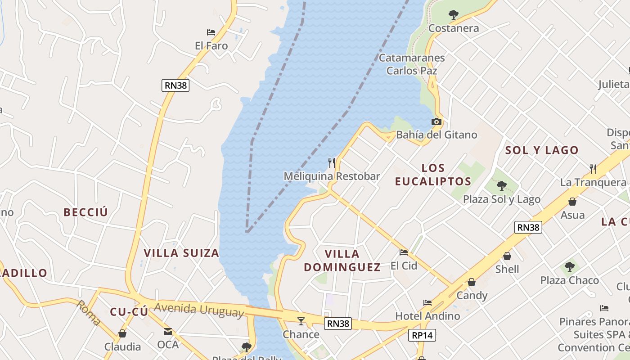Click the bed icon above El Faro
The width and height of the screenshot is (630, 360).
pos(211,32)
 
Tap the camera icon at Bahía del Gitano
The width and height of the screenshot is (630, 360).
pos(436,121)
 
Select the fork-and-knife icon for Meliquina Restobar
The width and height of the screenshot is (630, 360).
pos(332,162)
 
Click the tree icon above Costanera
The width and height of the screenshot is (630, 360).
pos(454,15)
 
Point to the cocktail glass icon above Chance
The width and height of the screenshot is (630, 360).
pos(301,321)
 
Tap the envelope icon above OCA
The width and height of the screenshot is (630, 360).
pos(168,332)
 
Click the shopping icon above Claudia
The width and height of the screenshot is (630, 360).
pos(122,333)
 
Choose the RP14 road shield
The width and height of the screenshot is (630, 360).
pos(423,335)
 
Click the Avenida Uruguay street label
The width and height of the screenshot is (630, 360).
pos(199,310)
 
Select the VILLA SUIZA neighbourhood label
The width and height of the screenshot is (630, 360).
pos(181,253)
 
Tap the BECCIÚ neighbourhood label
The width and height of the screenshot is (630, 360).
pos(86,212)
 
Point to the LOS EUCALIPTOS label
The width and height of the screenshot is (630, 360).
pos(433,175)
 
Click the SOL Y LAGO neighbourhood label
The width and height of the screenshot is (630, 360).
pos(542,150)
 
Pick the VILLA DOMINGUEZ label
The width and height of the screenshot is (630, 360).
pos(342,261)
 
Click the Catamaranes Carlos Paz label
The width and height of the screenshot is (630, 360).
pos(412,64)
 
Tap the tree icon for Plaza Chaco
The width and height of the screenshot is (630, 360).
pos(570,267)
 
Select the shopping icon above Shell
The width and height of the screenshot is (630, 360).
pos(507,256)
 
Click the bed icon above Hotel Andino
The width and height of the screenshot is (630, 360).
pos(427,303)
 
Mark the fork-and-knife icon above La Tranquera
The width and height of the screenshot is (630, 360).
pos(593,169)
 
